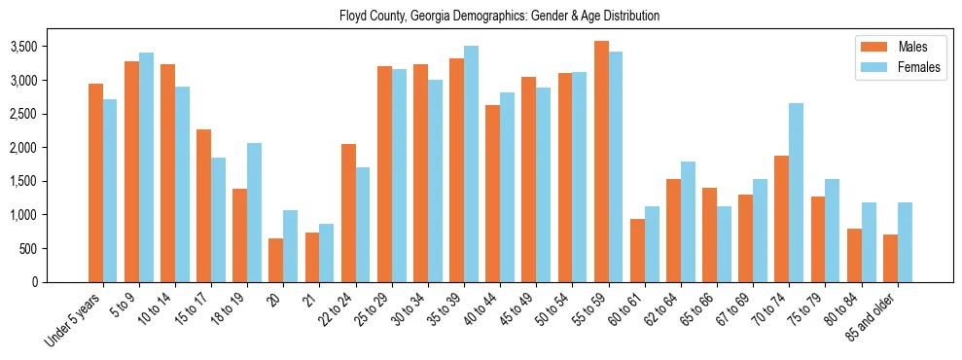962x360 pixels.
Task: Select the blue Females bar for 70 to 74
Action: coord(797,193)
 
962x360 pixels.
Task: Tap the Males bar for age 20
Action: coord(276,260)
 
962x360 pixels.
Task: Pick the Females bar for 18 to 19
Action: coord(254,212)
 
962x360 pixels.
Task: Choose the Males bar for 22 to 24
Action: coord(348,213)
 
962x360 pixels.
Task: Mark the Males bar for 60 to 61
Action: coord(637,250)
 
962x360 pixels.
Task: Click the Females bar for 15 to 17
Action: coord(218,220)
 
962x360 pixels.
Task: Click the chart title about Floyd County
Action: coord(499,17)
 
